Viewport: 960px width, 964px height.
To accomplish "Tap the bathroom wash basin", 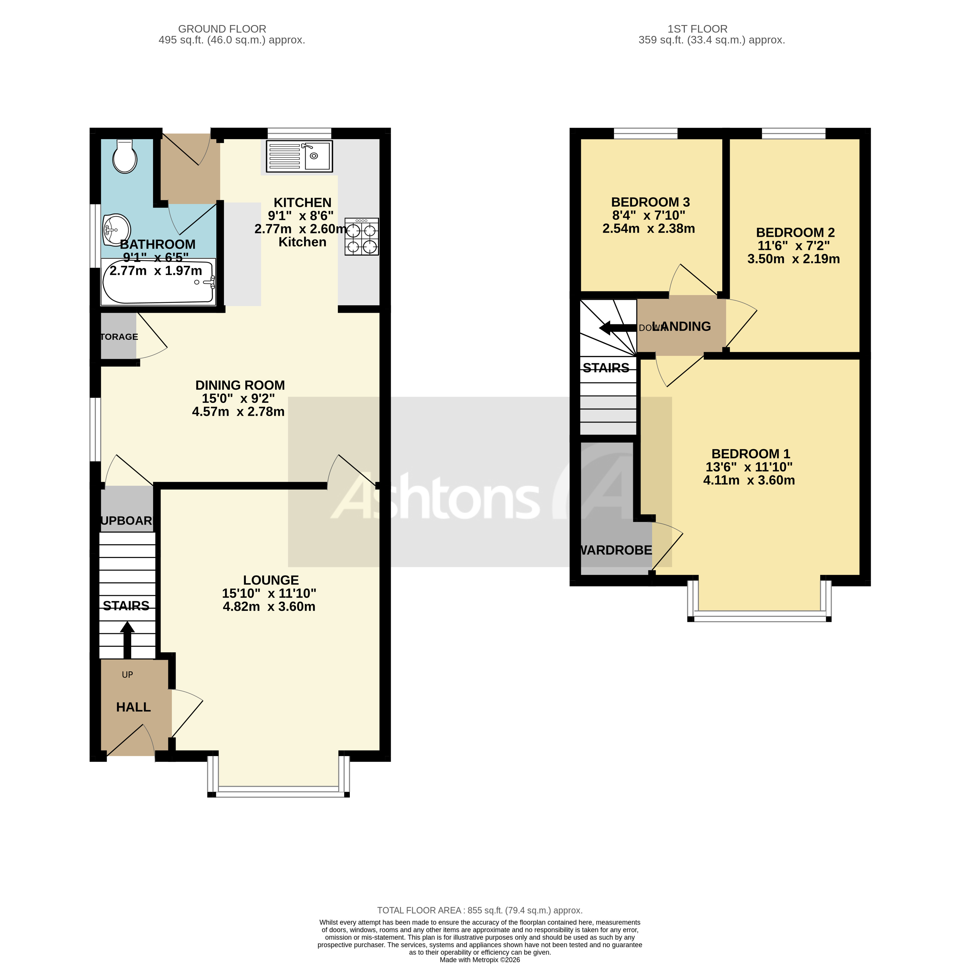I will click(117, 229).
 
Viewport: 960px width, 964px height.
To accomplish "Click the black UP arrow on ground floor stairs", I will click(127, 639).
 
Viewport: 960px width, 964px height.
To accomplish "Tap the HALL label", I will click(133, 707).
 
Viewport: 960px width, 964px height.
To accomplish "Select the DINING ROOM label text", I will click(240, 385).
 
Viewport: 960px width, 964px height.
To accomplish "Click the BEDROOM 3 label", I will click(650, 202).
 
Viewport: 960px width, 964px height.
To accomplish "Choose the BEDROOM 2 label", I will click(795, 232).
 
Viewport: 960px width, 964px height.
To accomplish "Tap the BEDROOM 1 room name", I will click(750, 454).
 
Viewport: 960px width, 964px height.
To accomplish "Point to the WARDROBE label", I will click(616, 550).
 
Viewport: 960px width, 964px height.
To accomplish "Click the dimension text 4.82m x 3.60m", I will click(269, 606).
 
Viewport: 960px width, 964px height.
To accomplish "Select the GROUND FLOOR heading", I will click(222, 29).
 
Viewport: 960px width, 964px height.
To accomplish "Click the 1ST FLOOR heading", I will click(697, 29).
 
